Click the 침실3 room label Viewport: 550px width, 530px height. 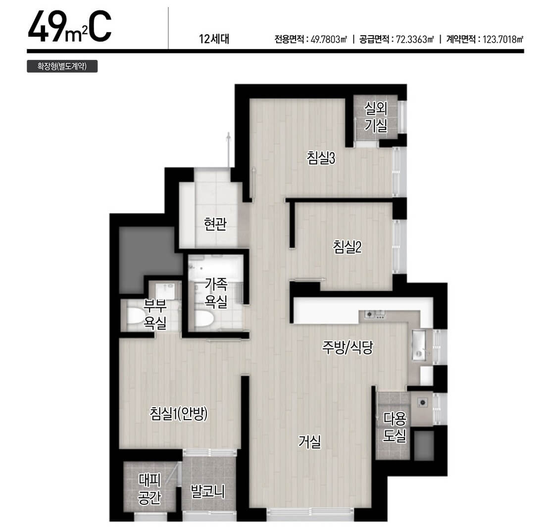tap(321, 158)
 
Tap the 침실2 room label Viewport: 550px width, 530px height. tap(347, 247)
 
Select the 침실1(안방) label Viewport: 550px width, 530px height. tap(179, 414)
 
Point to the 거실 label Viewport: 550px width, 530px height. tap(309, 441)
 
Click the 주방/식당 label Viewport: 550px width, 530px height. tap(348, 347)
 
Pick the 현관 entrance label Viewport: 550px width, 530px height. tap(215, 224)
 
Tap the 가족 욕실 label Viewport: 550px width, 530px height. tap(216, 292)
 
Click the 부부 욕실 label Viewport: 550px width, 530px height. tap(154, 314)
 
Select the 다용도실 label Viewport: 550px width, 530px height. tap(395, 427)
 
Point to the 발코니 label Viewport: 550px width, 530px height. tap(207, 491)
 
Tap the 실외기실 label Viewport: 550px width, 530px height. tap(376, 117)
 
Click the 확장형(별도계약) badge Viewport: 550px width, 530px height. tap(62, 66)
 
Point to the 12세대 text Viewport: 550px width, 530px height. tap(214, 39)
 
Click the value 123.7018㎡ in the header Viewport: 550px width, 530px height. tap(503, 39)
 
